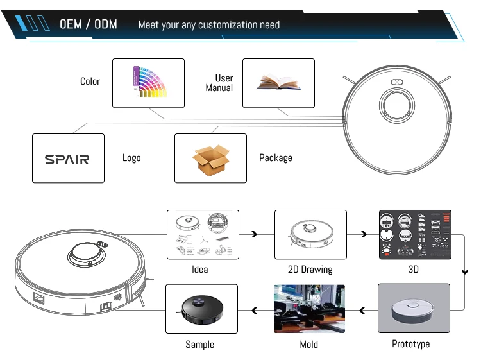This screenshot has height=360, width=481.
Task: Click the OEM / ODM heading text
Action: [89, 24]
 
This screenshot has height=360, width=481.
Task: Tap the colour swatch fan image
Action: [149, 82]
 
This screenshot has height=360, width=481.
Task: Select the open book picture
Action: [278, 83]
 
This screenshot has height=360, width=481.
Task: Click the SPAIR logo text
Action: [67, 159]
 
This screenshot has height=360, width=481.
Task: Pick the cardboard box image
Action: [211, 159]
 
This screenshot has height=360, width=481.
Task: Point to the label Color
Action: [90, 81]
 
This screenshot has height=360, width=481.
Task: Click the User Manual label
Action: [219, 83]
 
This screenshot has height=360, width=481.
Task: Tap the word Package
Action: [276, 158]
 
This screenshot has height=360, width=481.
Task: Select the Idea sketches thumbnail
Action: [203, 235]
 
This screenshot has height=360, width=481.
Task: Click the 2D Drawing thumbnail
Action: [310, 235]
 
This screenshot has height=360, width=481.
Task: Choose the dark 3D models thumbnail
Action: [415, 235]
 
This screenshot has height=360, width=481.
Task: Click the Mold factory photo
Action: [309, 309]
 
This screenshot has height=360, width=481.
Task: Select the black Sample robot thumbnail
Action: [201, 309]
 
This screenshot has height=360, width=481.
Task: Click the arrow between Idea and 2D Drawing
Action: [255, 235]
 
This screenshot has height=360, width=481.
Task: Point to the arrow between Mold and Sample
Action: [255, 311]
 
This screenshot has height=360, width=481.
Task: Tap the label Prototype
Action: [411, 344]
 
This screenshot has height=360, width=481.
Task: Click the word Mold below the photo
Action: [309, 345]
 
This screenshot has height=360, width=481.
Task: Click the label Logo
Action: [131, 158]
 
